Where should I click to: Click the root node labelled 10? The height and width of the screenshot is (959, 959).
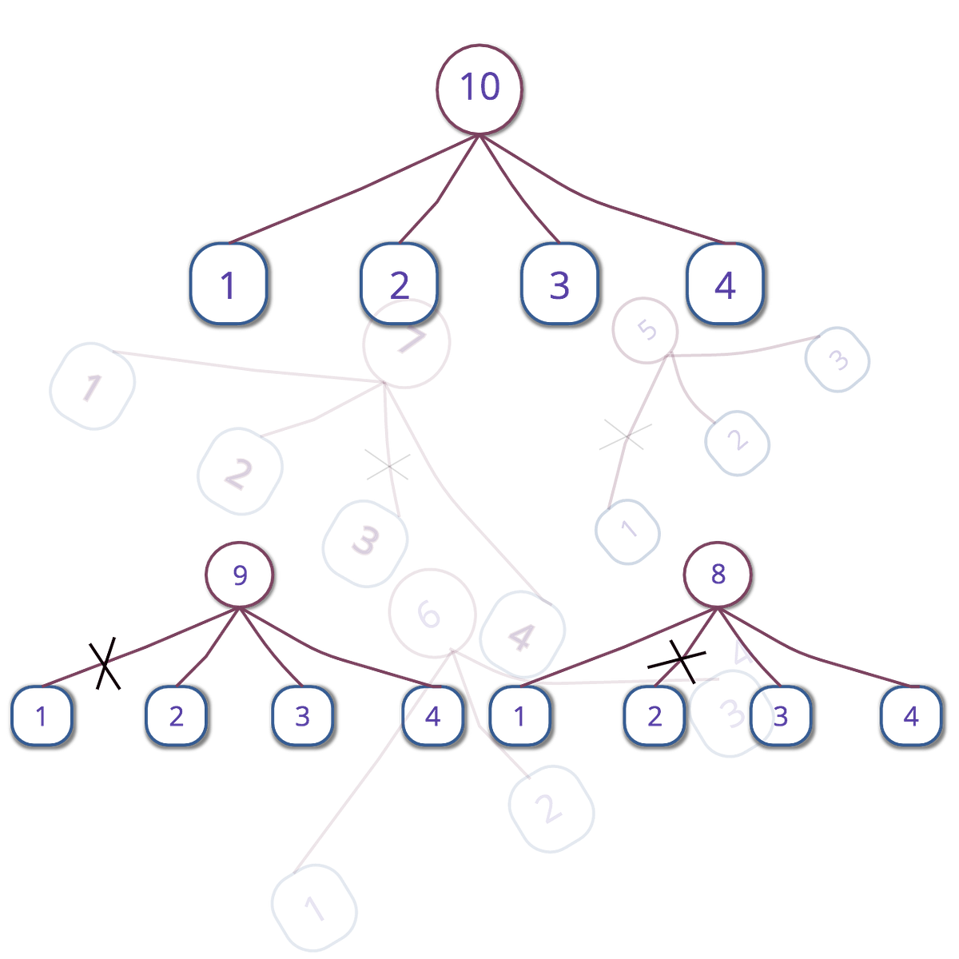point(479,88)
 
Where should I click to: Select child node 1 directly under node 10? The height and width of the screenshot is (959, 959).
point(229,285)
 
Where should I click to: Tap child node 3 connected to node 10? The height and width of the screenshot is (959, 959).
point(560,285)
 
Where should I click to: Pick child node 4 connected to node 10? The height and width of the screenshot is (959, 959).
point(725,285)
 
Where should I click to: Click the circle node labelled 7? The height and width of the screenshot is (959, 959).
point(406,344)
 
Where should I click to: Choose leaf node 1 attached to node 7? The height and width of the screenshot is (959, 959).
point(91,387)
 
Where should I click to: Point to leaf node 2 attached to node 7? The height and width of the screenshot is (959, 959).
point(240,472)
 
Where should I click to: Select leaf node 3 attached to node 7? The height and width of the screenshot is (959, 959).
point(365,543)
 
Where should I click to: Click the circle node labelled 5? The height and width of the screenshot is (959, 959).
point(646,331)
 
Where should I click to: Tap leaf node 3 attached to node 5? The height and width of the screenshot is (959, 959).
point(837,360)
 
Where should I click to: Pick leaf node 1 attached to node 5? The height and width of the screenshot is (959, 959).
point(627,531)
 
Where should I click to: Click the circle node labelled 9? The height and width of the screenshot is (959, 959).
point(239,575)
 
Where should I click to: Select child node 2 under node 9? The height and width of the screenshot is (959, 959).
point(176,715)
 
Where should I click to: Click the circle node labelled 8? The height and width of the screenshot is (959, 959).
point(718,575)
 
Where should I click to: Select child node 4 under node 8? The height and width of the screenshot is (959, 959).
point(911,715)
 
